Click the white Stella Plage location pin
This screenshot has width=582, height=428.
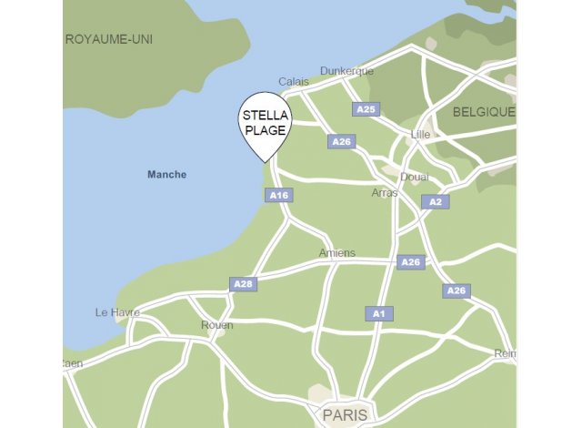point(265,125)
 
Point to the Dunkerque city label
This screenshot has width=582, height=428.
point(346,71)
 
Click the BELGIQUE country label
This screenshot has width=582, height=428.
point(484,112)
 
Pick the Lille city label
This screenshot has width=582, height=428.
point(420,134)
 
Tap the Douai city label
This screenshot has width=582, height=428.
point(414,177)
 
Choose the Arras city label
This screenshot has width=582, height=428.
point(385,193)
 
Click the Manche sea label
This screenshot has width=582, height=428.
point(166,175)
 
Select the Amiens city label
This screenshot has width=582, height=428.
point(337,253)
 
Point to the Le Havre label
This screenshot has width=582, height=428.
point(117,312)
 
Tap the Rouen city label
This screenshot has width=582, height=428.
point(216,325)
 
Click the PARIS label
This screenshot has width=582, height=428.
point(346,414)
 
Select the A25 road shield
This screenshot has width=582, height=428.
point(366,109)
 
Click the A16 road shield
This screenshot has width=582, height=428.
point(279,195)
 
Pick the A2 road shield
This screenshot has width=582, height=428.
point(435,201)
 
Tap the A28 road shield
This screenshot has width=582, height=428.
point(243,284)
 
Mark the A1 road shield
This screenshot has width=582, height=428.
point(380,313)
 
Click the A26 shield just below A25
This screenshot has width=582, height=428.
point(341,142)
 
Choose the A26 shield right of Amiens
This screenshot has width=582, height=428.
point(411,262)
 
